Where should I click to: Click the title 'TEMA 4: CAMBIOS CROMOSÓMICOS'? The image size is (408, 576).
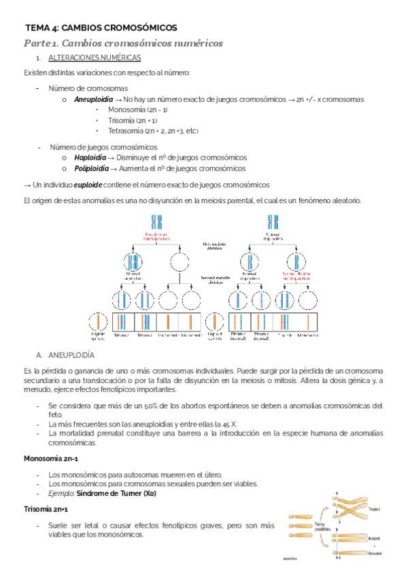101,28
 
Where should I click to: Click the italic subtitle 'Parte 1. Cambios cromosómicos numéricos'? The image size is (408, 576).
123,43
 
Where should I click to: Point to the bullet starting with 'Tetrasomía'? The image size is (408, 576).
148,130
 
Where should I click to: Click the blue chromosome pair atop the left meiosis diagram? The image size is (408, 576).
157,221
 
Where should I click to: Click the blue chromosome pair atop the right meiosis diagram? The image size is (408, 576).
273,221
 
